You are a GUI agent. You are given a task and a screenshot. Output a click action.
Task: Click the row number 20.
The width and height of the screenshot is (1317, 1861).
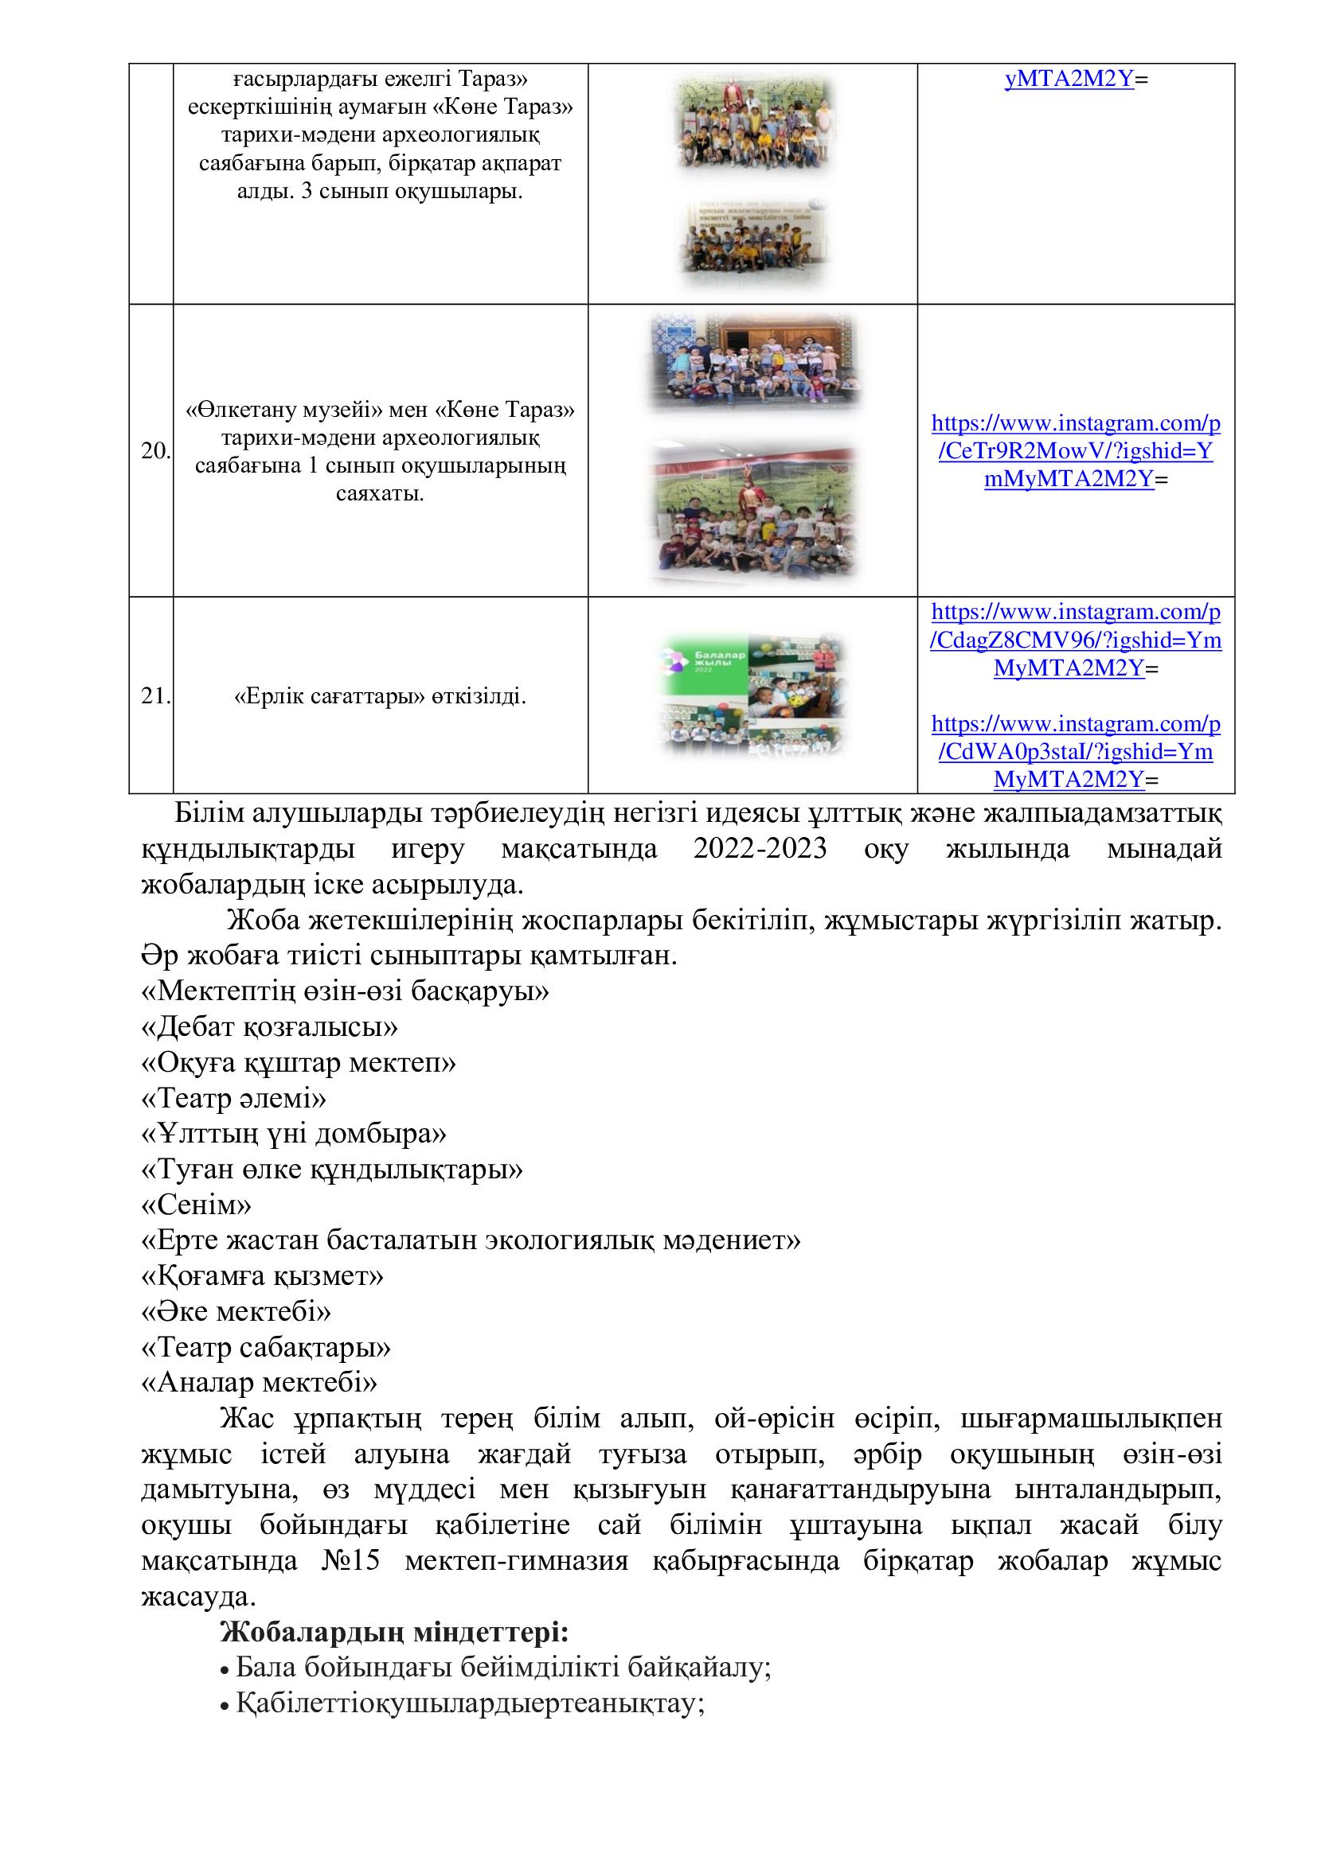point(154,451)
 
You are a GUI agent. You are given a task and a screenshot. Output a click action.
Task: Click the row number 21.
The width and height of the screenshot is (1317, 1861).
point(154,696)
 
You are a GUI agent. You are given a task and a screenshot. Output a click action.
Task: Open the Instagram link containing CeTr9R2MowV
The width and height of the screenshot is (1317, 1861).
point(1075,451)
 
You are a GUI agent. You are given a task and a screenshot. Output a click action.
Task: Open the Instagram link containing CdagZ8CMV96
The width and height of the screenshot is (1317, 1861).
point(1075,640)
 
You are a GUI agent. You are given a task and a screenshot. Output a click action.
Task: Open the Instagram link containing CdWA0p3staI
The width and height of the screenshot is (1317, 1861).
point(1075,751)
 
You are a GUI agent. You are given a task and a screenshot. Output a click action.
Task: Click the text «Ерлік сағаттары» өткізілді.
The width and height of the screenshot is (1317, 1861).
point(380,696)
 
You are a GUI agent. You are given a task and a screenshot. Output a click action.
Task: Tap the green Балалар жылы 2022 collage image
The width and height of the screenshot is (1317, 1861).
point(752,695)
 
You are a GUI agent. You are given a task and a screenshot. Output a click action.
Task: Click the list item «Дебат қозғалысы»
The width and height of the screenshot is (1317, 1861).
point(269,1028)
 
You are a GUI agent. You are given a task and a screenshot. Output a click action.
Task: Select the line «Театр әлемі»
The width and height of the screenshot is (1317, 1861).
point(234,1099)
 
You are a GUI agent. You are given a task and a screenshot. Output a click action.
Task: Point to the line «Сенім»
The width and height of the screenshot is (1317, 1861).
point(196,1205)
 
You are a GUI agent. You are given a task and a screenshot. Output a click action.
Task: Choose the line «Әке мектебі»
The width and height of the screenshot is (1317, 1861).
point(236,1311)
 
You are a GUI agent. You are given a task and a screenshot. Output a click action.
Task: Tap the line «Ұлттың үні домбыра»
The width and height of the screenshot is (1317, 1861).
point(294,1134)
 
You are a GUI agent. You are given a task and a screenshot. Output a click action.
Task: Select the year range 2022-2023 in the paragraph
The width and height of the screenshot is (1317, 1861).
point(760,849)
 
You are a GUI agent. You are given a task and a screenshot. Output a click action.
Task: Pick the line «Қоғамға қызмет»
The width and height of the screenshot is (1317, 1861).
point(262,1275)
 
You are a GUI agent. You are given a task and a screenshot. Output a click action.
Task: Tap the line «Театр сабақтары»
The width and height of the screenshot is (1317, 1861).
point(266,1347)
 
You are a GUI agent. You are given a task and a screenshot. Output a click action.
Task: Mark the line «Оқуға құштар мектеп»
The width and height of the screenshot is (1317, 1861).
point(299,1064)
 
